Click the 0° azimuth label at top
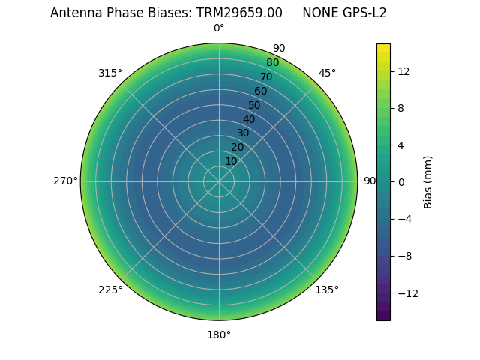[x=219, y=28]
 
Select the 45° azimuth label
[x=327, y=73]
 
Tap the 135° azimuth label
[x=327, y=289]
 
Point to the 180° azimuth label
[x=219, y=334]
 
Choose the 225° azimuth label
[x=110, y=289]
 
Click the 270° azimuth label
[x=65, y=181]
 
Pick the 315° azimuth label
[x=110, y=73]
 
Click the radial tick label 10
[x=231, y=161]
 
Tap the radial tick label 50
[x=254, y=105]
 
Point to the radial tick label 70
[x=266, y=76]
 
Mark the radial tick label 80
[x=272, y=63]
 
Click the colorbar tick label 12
[x=403, y=71]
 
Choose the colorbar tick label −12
[x=406, y=292]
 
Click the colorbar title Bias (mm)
[x=428, y=181]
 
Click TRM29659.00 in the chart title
[x=239, y=13]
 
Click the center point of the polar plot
[x=219, y=181]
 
